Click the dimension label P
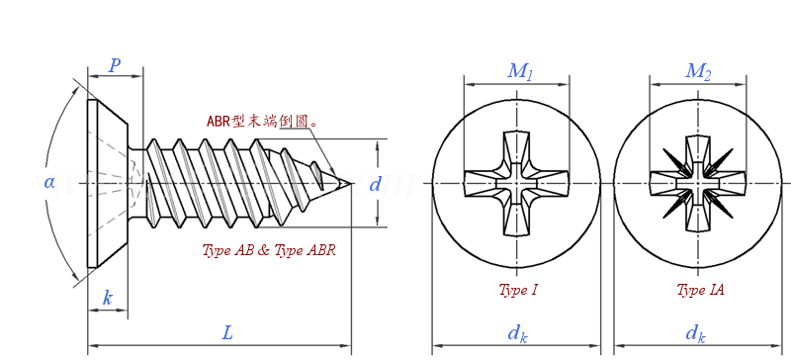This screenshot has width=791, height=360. (x=115, y=65)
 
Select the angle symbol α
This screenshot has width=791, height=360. (x=49, y=182)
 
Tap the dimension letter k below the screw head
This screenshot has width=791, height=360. (x=107, y=298)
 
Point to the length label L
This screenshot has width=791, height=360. (x=226, y=333)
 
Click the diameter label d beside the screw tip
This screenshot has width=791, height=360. (x=375, y=184)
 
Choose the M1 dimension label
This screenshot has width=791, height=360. (x=520, y=71)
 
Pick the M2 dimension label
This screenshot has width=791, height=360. (x=698, y=71)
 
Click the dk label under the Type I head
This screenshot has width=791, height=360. (x=517, y=333)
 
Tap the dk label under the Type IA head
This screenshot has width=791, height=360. (x=696, y=333)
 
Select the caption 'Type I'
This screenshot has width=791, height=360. (x=518, y=290)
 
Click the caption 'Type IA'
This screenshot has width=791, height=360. (x=700, y=290)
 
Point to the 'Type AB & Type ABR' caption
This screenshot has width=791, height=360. (x=269, y=250)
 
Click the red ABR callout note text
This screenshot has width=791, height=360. (x=262, y=122)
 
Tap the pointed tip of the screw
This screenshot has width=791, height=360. (x=350, y=183)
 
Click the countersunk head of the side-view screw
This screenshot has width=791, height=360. (x=106, y=183)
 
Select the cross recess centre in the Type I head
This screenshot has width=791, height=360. (x=517, y=183)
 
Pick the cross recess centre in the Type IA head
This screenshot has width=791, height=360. (x=697, y=183)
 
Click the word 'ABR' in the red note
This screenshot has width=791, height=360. (x=219, y=122)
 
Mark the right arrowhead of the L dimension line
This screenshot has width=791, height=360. (x=347, y=346)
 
